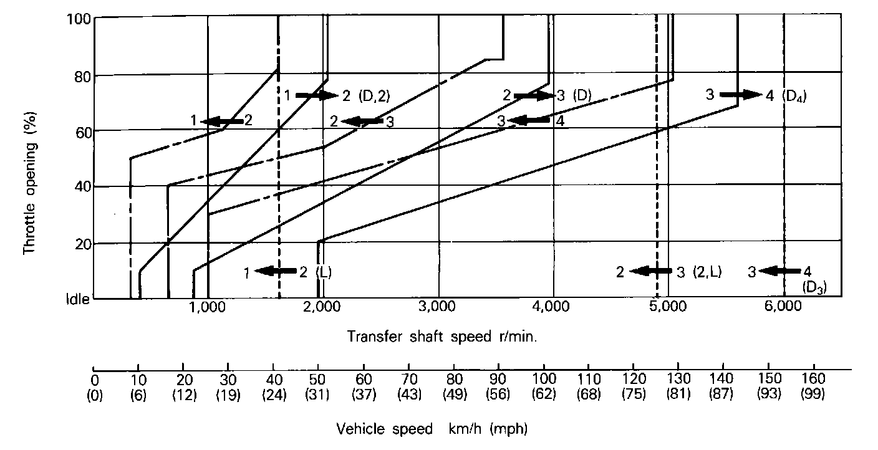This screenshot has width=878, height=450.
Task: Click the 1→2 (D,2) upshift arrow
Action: pyautogui.click(x=316, y=95)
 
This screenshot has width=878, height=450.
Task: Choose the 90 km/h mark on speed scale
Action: pyautogui.click(x=498, y=379)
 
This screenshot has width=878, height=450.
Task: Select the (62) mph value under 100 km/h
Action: pyautogui.click(x=544, y=393)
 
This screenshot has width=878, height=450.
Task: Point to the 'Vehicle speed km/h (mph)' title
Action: pyautogui.click(x=433, y=429)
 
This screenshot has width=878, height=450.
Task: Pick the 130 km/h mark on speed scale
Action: pyautogui.click(x=678, y=379)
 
